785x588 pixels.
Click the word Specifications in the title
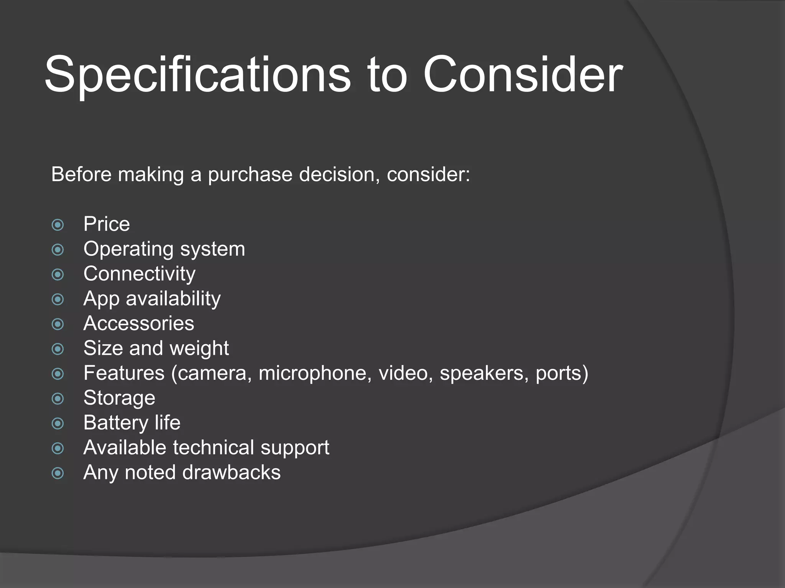coord(197,75)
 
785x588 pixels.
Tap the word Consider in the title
coord(523,75)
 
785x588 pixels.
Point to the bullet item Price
coord(107,224)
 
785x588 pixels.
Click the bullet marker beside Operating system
coord(58,250)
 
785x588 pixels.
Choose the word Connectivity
coord(140,274)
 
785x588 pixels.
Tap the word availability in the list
coord(173,299)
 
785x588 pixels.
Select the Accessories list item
coord(139,323)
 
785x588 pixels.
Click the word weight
coord(199,348)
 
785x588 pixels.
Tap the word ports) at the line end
coord(562,373)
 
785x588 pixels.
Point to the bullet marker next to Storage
coord(58,399)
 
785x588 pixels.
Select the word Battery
coord(116,423)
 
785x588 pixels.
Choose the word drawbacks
coord(232,472)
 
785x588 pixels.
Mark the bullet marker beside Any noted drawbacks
coord(58,473)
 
